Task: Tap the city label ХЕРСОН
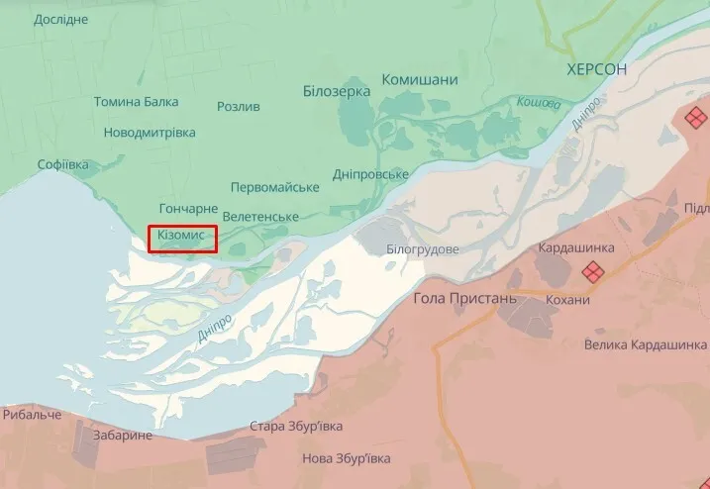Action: (x=597, y=69)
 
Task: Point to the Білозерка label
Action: (x=337, y=91)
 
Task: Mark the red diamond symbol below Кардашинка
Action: (x=592, y=270)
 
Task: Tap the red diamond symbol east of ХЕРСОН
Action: (x=696, y=118)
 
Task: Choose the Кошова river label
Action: (x=538, y=102)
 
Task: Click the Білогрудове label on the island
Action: (x=423, y=249)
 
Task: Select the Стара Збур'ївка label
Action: (x=296, y=427)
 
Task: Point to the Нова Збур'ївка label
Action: (x=346, y=458)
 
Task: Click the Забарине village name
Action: (x=122, y=436)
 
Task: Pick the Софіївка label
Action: (x=49, y=164)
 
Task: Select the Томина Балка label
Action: (x=137, y=102)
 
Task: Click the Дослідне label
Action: (x=60, y=20)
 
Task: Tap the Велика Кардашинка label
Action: (x=646, y=344)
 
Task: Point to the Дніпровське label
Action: (x=371, y=174)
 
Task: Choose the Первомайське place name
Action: (x=274, y=187)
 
